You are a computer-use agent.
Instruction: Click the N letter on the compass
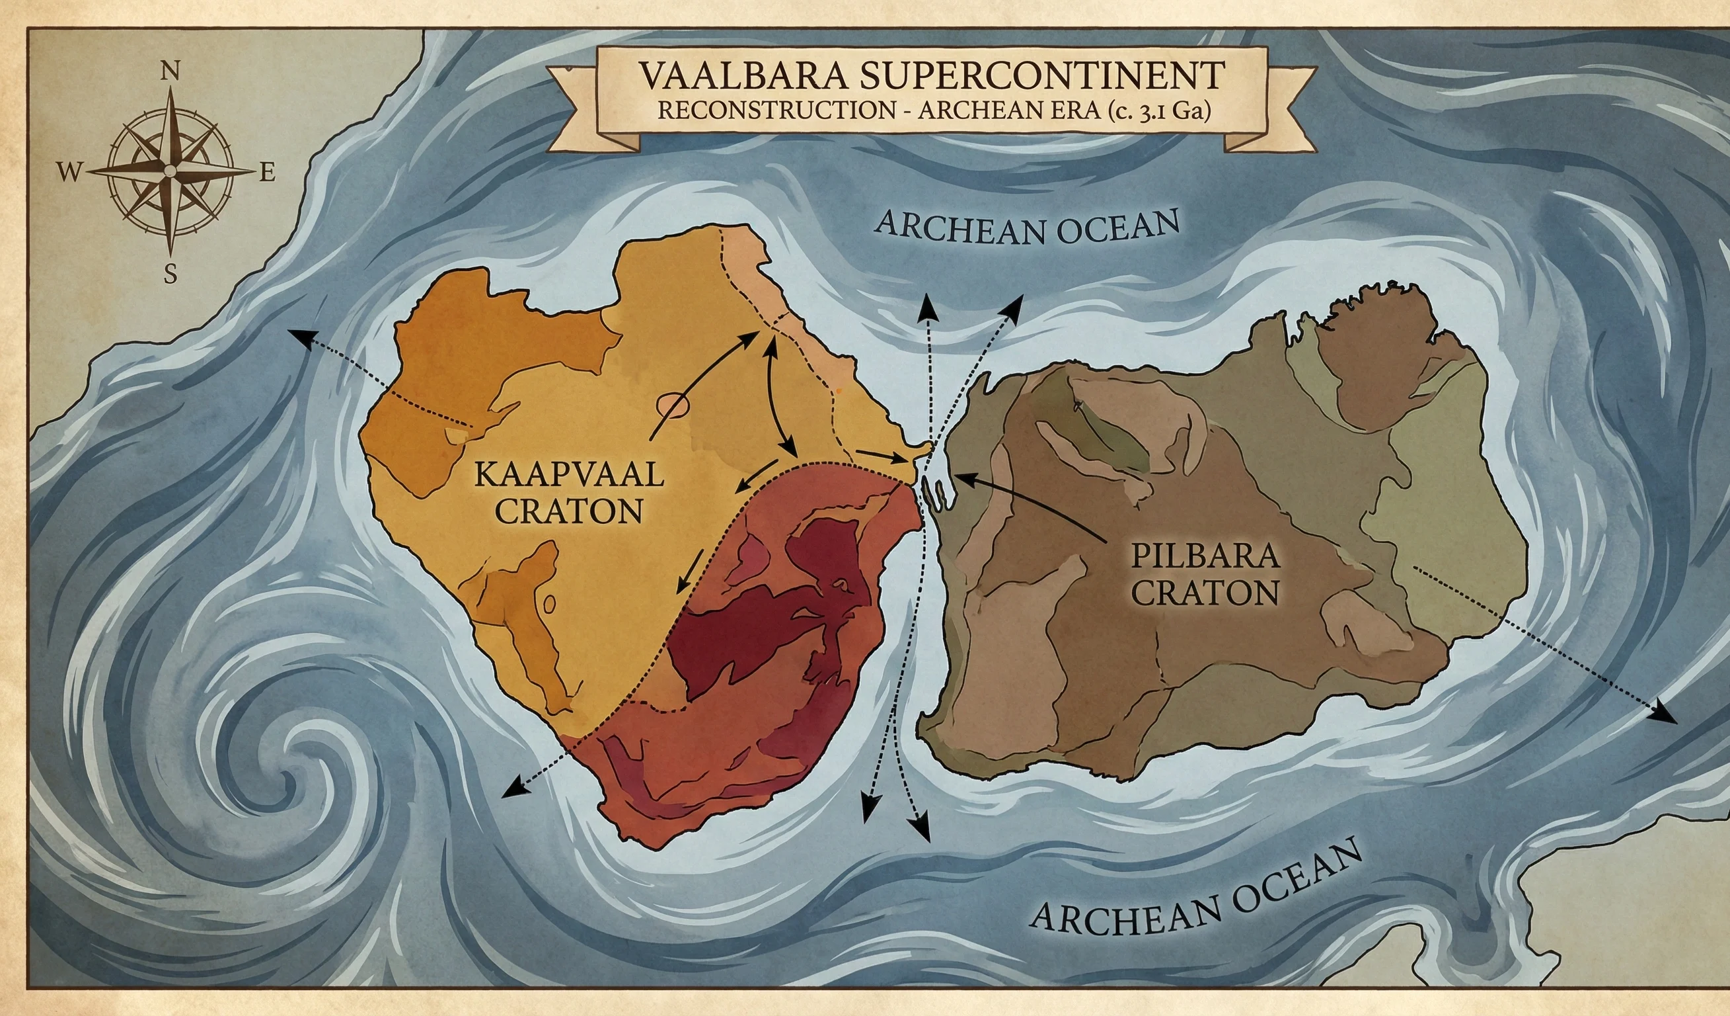tap(170, 71)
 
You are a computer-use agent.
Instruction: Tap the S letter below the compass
tap(170, 275)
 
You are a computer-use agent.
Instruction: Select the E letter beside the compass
tap(267, 173)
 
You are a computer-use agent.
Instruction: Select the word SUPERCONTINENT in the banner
tap(1041, 75)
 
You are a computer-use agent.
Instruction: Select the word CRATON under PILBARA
tap(1205, 592)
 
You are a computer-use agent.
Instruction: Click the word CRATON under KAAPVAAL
tap(568, 511)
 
